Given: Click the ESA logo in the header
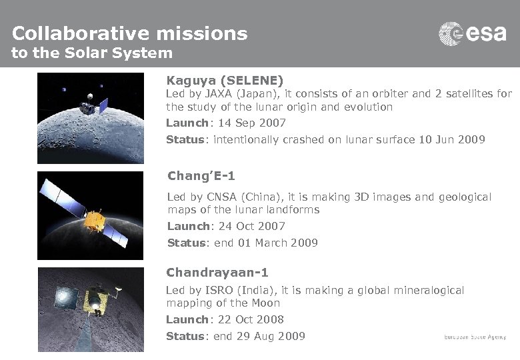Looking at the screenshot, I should coord(472,34).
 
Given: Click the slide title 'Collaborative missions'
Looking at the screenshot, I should coord(129,33).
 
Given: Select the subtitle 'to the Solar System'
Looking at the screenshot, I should coord(92,53).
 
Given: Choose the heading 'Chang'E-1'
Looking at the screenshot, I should coord(201,176).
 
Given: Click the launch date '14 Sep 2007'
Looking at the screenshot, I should coord(249,123).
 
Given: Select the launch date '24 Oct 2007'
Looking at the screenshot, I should coord(251,226).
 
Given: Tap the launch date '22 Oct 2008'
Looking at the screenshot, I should coord(251,319).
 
